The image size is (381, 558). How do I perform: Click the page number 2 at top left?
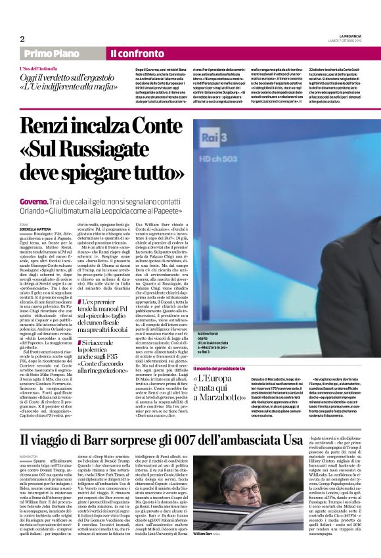tap(22, 38)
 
